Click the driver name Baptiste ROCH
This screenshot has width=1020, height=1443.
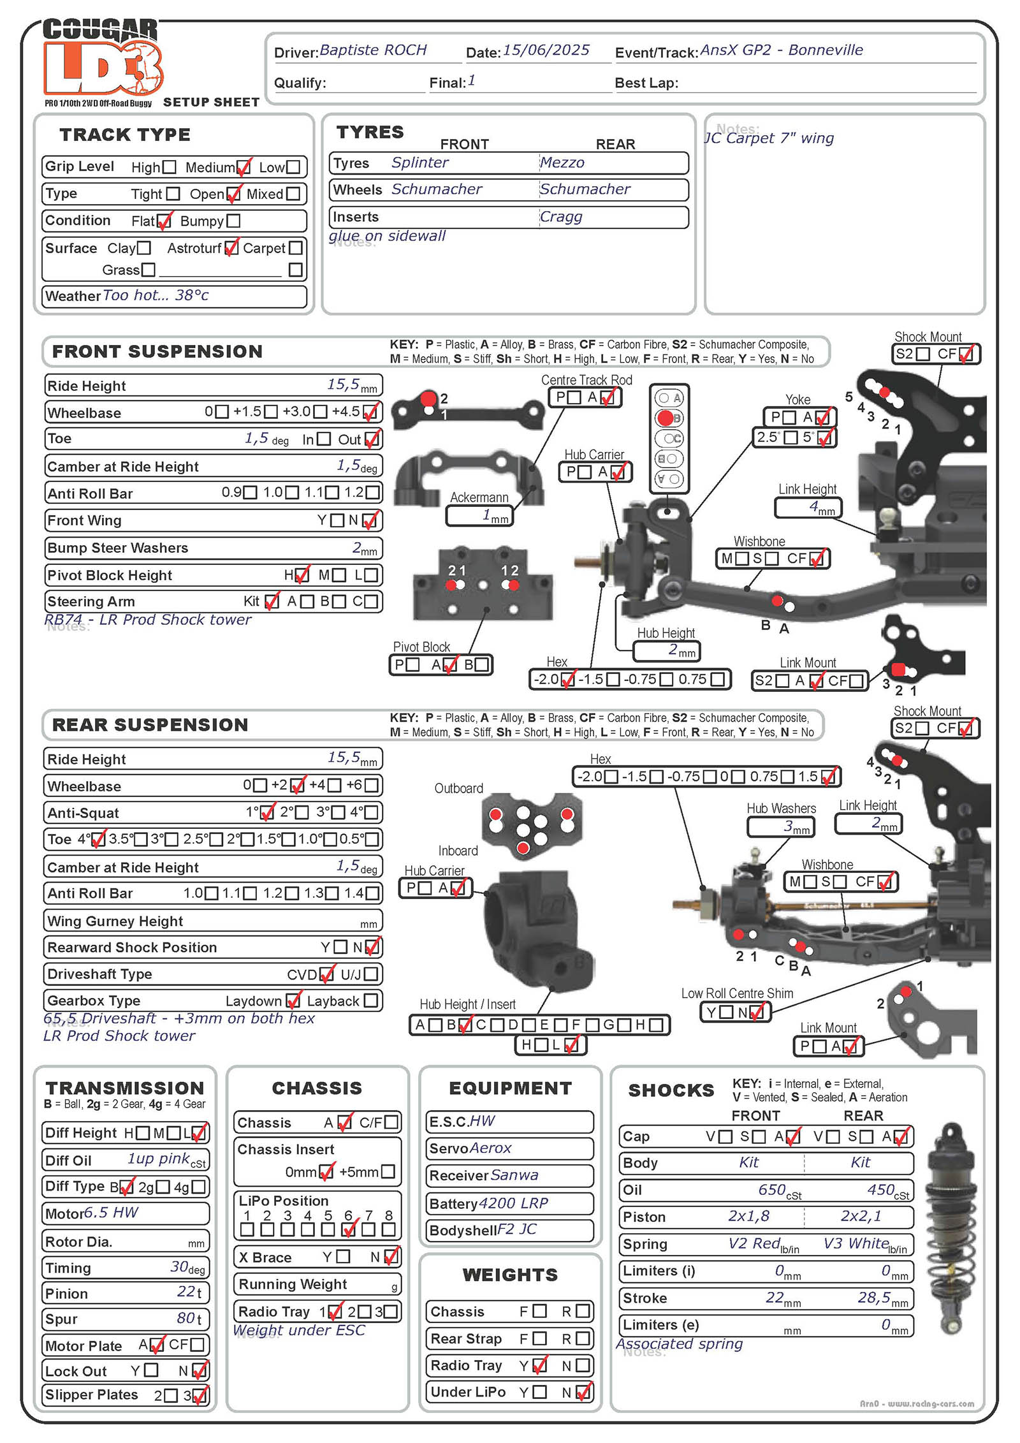coord(373,50)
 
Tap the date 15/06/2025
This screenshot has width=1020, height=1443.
coord(546,50)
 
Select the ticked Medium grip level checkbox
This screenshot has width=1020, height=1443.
coord(243,168)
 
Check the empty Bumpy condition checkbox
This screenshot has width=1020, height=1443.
coord(233,221)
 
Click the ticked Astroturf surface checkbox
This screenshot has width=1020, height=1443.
coord(231,247)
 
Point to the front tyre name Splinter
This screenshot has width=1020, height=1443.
coord(419,163)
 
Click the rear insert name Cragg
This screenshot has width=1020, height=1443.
coord(561,217)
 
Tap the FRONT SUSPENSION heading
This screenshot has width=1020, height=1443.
coord(157,351)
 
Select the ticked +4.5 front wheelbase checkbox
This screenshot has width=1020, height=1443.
coord(370,412)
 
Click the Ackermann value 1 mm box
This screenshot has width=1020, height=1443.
coord(479,515)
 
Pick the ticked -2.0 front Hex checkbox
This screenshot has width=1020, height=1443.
coord(567,679)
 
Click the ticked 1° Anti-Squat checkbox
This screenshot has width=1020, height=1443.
coord(268,812)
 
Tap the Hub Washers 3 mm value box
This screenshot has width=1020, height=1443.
coord(780,827)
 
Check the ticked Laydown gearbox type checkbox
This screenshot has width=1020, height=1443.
coord(293,1000)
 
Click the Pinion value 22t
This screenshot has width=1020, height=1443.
coord(189,1292)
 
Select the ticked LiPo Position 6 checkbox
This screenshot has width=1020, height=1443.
coord(349,1229)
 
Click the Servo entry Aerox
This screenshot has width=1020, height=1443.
coord(490,1148)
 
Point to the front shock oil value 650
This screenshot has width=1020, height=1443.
coord(772,1190)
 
